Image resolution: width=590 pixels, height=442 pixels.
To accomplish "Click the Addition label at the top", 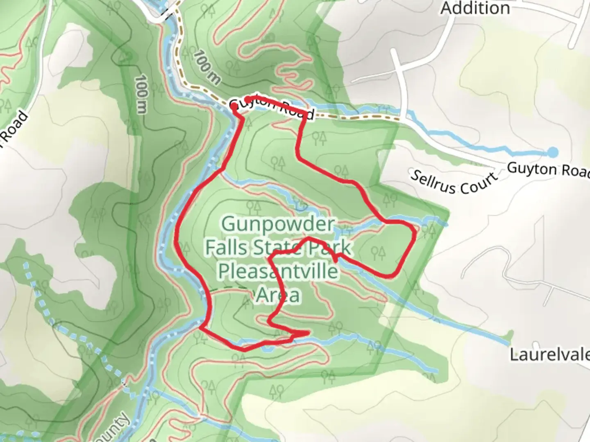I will point(475,8).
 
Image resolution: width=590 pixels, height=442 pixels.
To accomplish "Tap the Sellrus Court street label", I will point(454,182).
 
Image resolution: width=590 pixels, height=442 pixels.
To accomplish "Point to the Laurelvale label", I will point(549,354).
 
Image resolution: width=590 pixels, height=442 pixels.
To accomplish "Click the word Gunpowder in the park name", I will point(278,224).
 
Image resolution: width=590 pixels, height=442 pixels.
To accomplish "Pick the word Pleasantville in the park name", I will point(278,271).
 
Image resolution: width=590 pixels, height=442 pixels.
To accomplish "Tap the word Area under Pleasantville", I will point(278,295).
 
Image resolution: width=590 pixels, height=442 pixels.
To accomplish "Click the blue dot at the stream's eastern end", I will point(553,152).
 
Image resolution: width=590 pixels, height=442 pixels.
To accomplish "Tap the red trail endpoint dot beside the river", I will point(234,106).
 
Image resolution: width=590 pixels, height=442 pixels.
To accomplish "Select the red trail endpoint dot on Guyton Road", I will point(247,99).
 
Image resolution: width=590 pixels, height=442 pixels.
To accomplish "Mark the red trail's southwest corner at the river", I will point(201,327).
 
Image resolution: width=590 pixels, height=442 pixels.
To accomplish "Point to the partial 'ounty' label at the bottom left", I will point(119,428).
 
